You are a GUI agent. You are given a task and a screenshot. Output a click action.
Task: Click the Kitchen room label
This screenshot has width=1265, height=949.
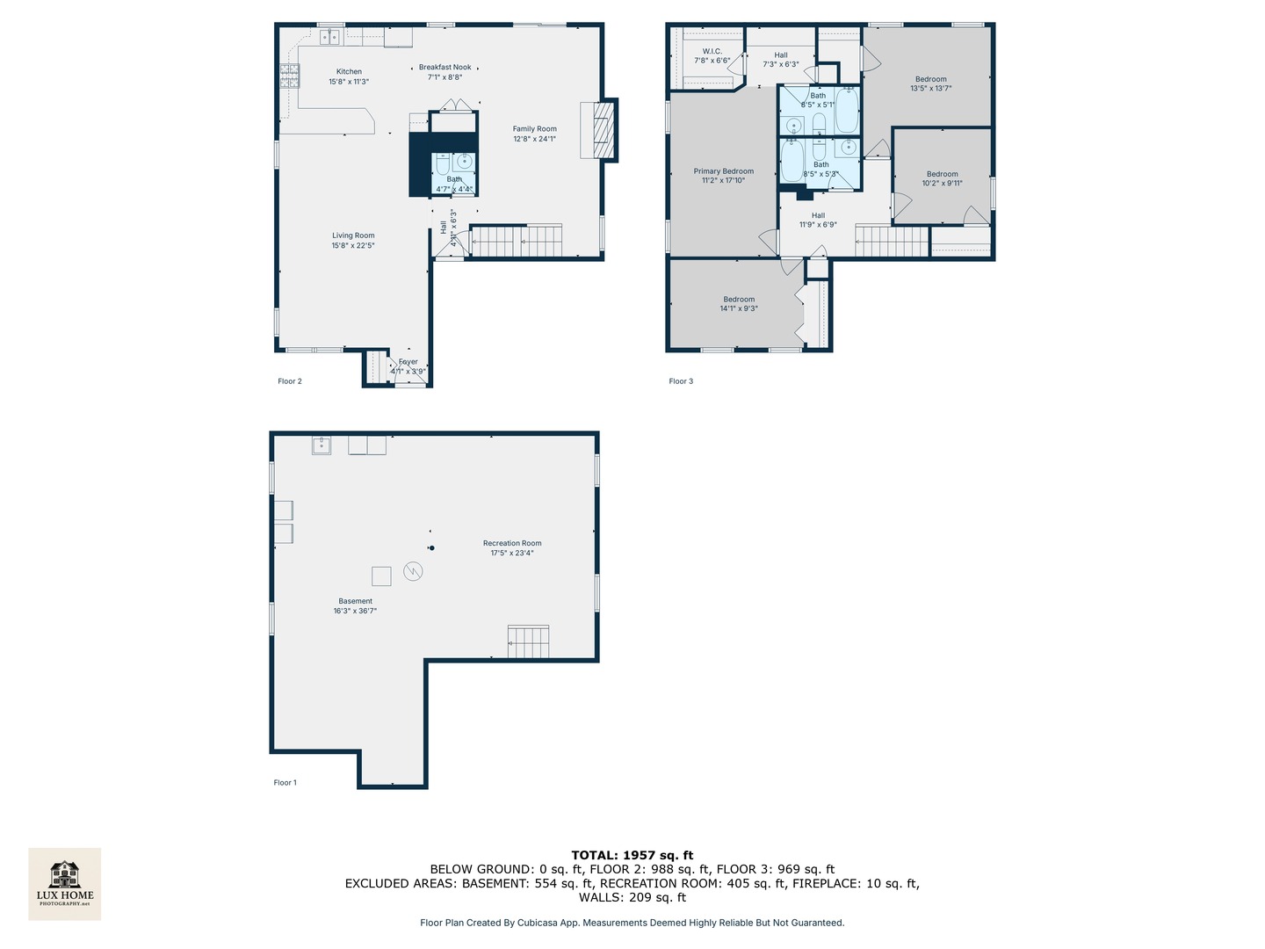coord(349,76)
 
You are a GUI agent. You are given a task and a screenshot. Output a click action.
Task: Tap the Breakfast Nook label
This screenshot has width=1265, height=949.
coord(445,72)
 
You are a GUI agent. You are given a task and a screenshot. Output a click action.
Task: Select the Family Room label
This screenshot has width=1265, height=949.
coord(534,134)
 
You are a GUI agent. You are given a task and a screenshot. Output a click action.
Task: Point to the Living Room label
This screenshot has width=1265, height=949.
coord(353,240)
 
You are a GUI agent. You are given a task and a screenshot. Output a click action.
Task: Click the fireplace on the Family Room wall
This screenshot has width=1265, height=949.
coord(599,130)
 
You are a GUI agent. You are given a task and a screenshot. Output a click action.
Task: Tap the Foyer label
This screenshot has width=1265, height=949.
coord(408,366)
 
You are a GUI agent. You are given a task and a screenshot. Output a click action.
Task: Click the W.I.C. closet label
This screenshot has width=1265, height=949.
coord(712,55)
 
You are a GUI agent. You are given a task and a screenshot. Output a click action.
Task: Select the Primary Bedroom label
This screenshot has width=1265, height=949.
coord(723,176)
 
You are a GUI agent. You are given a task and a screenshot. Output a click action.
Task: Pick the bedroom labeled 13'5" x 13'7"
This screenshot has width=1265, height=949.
coord(930,83)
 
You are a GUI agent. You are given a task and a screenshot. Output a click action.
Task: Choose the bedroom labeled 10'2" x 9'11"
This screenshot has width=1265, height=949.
coord(942,178)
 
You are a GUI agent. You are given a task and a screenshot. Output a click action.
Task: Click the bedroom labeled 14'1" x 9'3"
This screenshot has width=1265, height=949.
coord(739,304)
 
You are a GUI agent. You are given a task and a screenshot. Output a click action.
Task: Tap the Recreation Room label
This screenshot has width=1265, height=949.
coord(512,547)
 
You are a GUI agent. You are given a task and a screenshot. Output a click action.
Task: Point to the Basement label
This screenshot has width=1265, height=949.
coord(355,605)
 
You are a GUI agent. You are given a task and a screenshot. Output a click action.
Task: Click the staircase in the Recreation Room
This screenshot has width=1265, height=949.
coord(528,641)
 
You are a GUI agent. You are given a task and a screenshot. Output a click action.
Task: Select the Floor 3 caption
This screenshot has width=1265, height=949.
coord(681,381)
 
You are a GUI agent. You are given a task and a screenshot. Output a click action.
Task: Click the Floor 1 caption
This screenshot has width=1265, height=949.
coord(285,782)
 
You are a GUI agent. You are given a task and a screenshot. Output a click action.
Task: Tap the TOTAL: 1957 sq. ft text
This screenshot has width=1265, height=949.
coord(632,855)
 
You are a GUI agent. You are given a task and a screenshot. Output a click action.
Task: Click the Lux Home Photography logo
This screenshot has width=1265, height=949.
coord(65,883)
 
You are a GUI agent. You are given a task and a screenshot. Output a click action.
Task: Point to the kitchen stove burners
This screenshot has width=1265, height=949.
coord(290,76)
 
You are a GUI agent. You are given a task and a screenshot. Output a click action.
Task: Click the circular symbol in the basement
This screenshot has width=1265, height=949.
coord(413,571)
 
